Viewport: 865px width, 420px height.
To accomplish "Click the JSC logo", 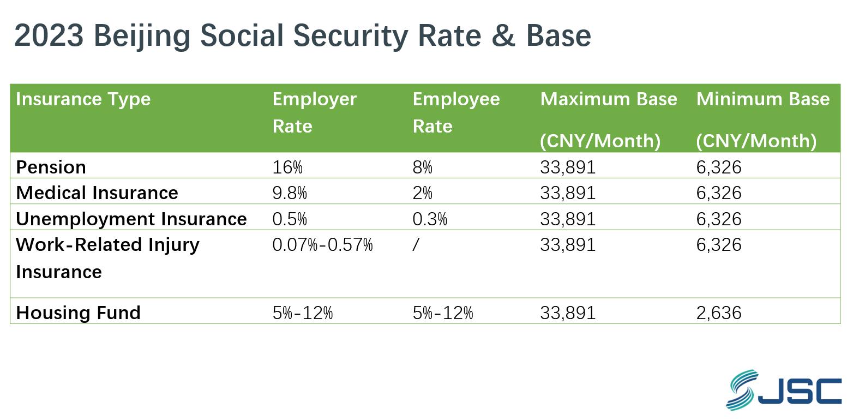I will coord(783,390).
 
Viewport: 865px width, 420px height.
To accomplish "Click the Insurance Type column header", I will coord(83,99).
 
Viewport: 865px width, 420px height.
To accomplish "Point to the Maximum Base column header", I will coord(608,99).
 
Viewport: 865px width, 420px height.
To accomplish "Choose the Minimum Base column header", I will coord(762,99).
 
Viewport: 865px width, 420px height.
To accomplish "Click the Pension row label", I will coord(51,167).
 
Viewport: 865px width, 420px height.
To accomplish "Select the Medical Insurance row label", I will coord(97,193).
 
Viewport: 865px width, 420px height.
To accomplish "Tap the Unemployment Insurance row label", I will coord(131,219).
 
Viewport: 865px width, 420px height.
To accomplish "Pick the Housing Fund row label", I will coord(78,313).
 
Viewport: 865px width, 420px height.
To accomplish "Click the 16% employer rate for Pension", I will coord(287,167).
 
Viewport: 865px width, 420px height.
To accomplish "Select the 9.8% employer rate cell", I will coord(290,193).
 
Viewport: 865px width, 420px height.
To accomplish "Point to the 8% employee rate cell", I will coord(422,167).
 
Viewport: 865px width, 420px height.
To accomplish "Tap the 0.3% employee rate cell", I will coord(430,219).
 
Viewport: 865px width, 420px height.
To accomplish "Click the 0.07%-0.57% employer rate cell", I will coord(322,244).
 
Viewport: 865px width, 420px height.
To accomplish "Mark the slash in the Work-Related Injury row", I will coord(416,244).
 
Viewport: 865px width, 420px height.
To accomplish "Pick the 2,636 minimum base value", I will coord(718,313).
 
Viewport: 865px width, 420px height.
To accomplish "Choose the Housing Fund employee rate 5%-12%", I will coord(443,313).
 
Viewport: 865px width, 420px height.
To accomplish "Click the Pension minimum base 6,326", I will coord(718,167).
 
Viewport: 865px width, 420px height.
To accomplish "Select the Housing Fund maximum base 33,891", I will coord(568,313).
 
